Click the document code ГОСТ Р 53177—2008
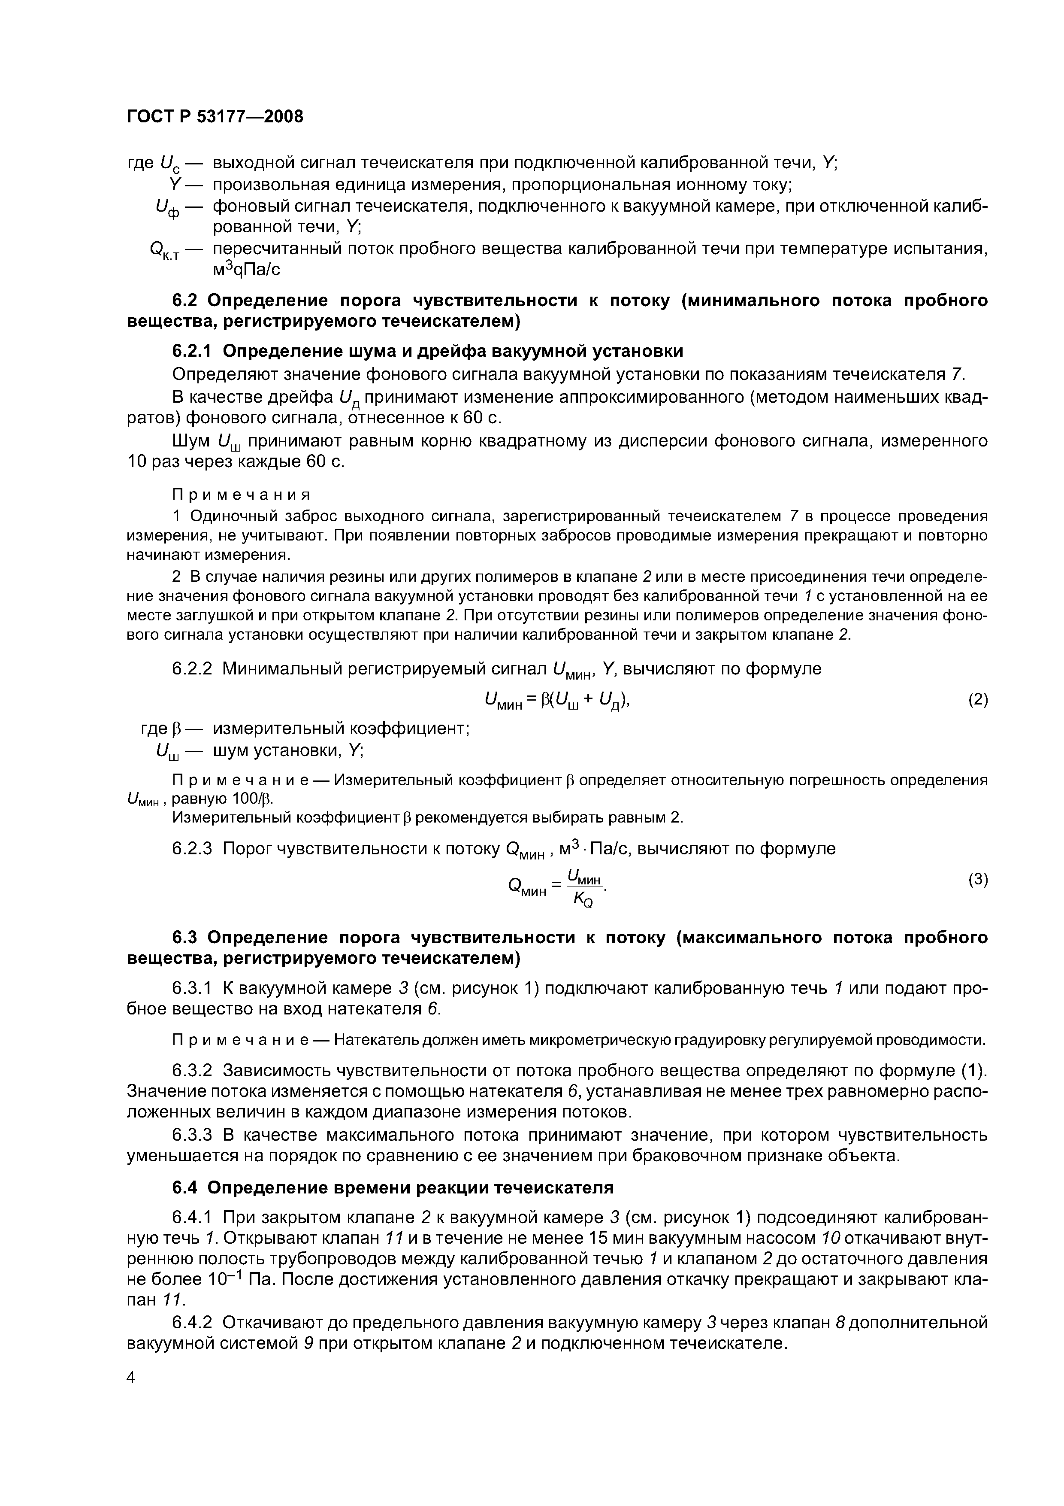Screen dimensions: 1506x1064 pyautogui.click(x=215, y=117)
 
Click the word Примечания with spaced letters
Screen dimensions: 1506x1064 pyautogui.click(x=241, y=493)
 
